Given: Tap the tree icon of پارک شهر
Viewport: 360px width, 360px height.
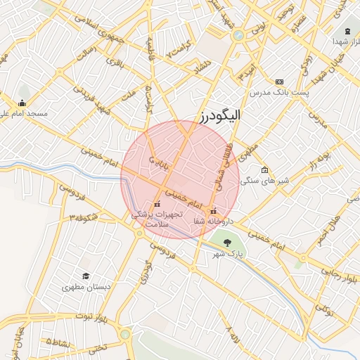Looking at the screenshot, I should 226,243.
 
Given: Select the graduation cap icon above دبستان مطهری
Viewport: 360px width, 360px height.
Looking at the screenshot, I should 86,276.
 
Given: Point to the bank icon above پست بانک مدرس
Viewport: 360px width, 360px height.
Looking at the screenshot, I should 280,82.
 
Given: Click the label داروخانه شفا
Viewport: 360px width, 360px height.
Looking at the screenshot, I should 213,221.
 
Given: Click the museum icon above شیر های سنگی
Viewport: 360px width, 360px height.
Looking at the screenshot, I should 264,169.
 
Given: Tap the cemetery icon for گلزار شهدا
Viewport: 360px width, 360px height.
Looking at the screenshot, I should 347,32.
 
